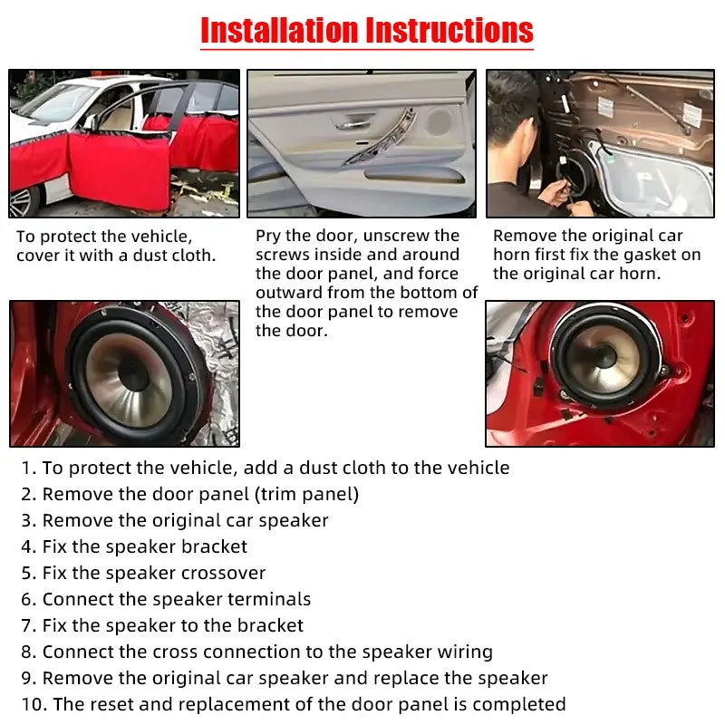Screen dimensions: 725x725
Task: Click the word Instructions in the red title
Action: (x=449, y=30)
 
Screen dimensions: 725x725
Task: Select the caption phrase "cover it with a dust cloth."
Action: (x=116, y=256)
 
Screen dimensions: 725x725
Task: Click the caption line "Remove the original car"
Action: (x=588, y=236)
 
